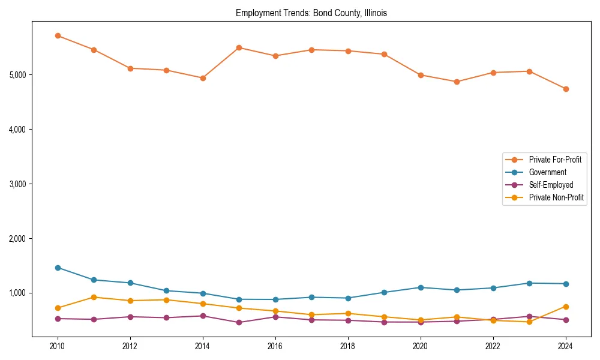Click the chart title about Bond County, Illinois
pos(311,13)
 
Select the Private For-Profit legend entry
pos(550,160)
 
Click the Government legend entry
pos(547,172)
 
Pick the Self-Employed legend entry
pos(551,185)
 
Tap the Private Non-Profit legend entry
pos(556,197)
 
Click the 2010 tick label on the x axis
pos(58,346)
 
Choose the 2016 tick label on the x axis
pos(275,346)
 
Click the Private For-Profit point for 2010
pos(58,35)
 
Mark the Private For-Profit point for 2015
pos(239,47)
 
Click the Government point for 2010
pos(58,268)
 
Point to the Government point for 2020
pos(421,287)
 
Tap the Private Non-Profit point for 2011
pos(94,297)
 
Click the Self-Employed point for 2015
pos(239,322)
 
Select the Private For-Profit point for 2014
pos(203,78)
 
